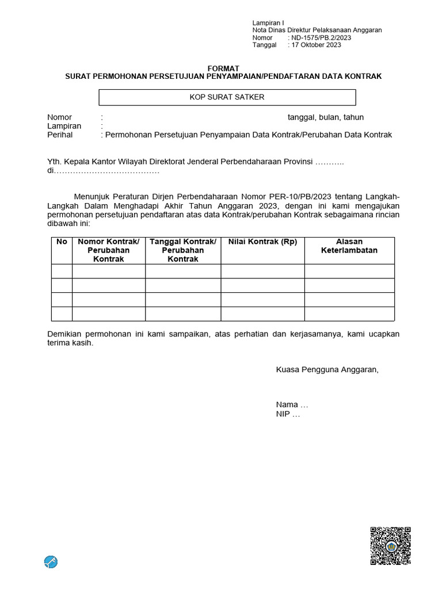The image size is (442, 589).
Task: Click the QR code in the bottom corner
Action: pyautogui.click(x=390, y=546)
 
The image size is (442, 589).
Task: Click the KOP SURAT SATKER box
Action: pyautogui.click(x=227, y=97)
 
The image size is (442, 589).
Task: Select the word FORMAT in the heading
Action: pyautogui.click(x=223, y=68)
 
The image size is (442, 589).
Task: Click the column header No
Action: pyautogui.click(x=62, y=242)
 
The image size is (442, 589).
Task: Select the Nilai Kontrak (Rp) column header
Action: pyautogui.click(x=262, y=242)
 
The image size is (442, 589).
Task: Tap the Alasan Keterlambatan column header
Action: pyautogui.click(x=349, y=246)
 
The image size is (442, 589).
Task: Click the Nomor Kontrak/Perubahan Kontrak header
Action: pyautogui.click(x=109, y=250)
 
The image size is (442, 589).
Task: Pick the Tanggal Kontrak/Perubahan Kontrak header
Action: pyautogui.click(x=183, y=250)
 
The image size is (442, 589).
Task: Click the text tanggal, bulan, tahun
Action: pyautogui.click(x=326, y=117)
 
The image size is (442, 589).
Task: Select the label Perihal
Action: pyautogui.click(x=60, y=135)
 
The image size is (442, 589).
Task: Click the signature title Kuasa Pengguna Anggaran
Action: pyautogui.click(x=327, y=369)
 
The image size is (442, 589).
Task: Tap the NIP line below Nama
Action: pyautogui.click(x=288, y=414)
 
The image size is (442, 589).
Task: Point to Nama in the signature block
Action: pyautogui.click(x=287, y=404)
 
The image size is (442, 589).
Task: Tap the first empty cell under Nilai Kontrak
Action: pyautogui.click(x=262, y=271)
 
